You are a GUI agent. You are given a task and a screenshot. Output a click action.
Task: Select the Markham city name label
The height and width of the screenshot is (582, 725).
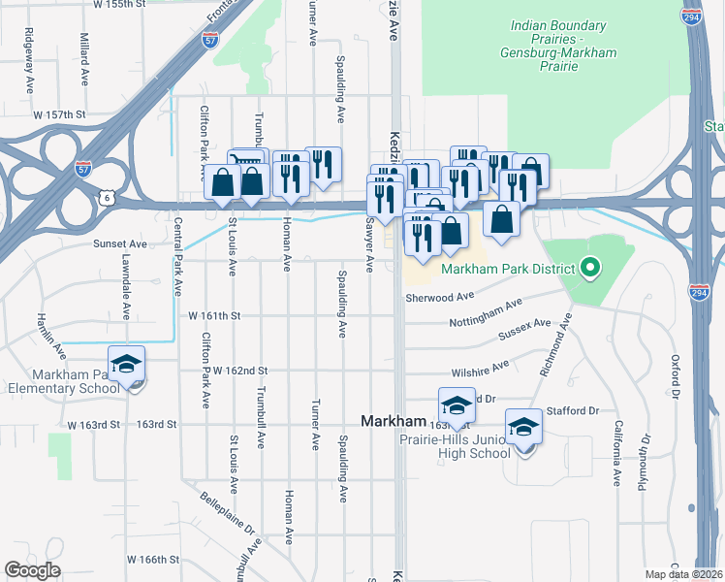[394, 421]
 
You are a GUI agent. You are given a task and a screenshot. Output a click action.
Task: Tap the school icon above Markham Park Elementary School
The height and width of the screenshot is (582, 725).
[126, 365]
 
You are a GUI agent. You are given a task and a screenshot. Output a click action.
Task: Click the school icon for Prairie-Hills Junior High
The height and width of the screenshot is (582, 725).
[523, 427]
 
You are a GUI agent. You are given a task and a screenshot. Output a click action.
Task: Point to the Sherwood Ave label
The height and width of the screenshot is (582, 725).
[439, 297]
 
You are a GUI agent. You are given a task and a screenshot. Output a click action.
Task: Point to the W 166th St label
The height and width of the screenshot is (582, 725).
[154, 560]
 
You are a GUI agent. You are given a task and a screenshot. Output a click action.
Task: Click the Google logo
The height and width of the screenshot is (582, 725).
[32, 570]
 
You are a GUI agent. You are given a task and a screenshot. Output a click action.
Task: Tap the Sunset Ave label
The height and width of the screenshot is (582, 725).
[118, 244]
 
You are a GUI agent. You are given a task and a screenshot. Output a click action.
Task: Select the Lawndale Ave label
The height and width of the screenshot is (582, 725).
[126, 286]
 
